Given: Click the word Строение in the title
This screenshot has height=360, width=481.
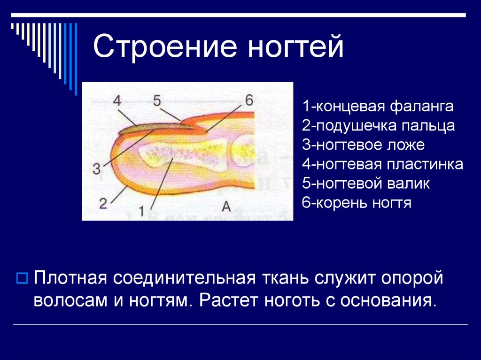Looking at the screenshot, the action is point(165,47).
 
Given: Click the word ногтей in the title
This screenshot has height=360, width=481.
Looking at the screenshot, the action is point(296,46).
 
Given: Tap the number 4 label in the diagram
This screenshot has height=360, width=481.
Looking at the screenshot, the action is point(117,100).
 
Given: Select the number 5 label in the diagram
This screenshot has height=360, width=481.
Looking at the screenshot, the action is point(157,100).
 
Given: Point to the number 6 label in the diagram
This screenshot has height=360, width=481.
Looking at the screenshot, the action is point(249,100).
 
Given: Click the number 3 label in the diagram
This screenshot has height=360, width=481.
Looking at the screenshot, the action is point(97,169).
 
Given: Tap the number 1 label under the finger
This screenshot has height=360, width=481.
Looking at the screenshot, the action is point(141,211).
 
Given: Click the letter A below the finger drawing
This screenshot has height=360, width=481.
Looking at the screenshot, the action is point(226,207).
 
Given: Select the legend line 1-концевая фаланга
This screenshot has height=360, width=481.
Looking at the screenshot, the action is point(378,107).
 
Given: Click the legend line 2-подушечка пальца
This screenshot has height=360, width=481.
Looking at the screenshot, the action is point(378,126).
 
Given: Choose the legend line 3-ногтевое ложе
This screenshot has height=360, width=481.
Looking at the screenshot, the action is point(363,145).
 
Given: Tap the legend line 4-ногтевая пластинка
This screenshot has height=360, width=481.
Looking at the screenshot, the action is point(382,164).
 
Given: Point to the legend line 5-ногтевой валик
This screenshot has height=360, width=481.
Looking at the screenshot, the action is point(365,184).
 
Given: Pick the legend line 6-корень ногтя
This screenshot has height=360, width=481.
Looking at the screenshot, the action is point(357,203).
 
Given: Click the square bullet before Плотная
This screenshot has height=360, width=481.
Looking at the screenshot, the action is point(22,278).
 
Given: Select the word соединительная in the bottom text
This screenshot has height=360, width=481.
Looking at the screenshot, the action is point(184,278).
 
